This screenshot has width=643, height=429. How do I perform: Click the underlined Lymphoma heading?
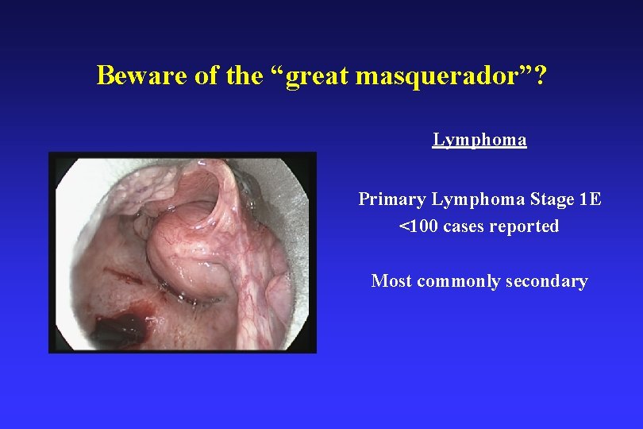coord(479,140)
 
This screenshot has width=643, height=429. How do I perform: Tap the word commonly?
coord(451,281)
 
